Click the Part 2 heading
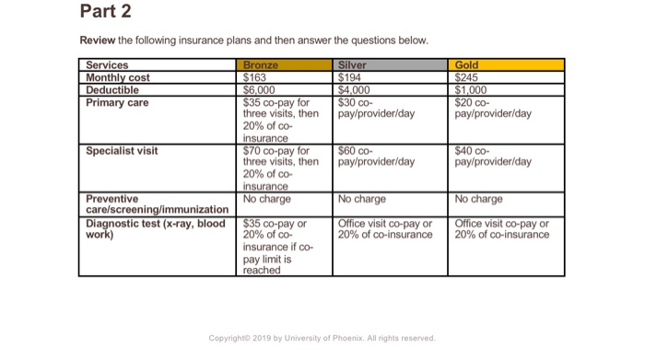click(x=106, y=13)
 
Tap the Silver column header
click(x=353, y=65)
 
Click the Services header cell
click(x=108, y=65)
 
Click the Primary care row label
click(x=117, y=102)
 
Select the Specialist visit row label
click(x=122, y=150)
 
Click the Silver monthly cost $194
click(x=351, y=77)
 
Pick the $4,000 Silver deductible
click(x=355, y=89)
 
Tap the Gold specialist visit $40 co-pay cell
click(x=493, y=156)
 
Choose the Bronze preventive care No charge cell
click(x=266, y=198)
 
